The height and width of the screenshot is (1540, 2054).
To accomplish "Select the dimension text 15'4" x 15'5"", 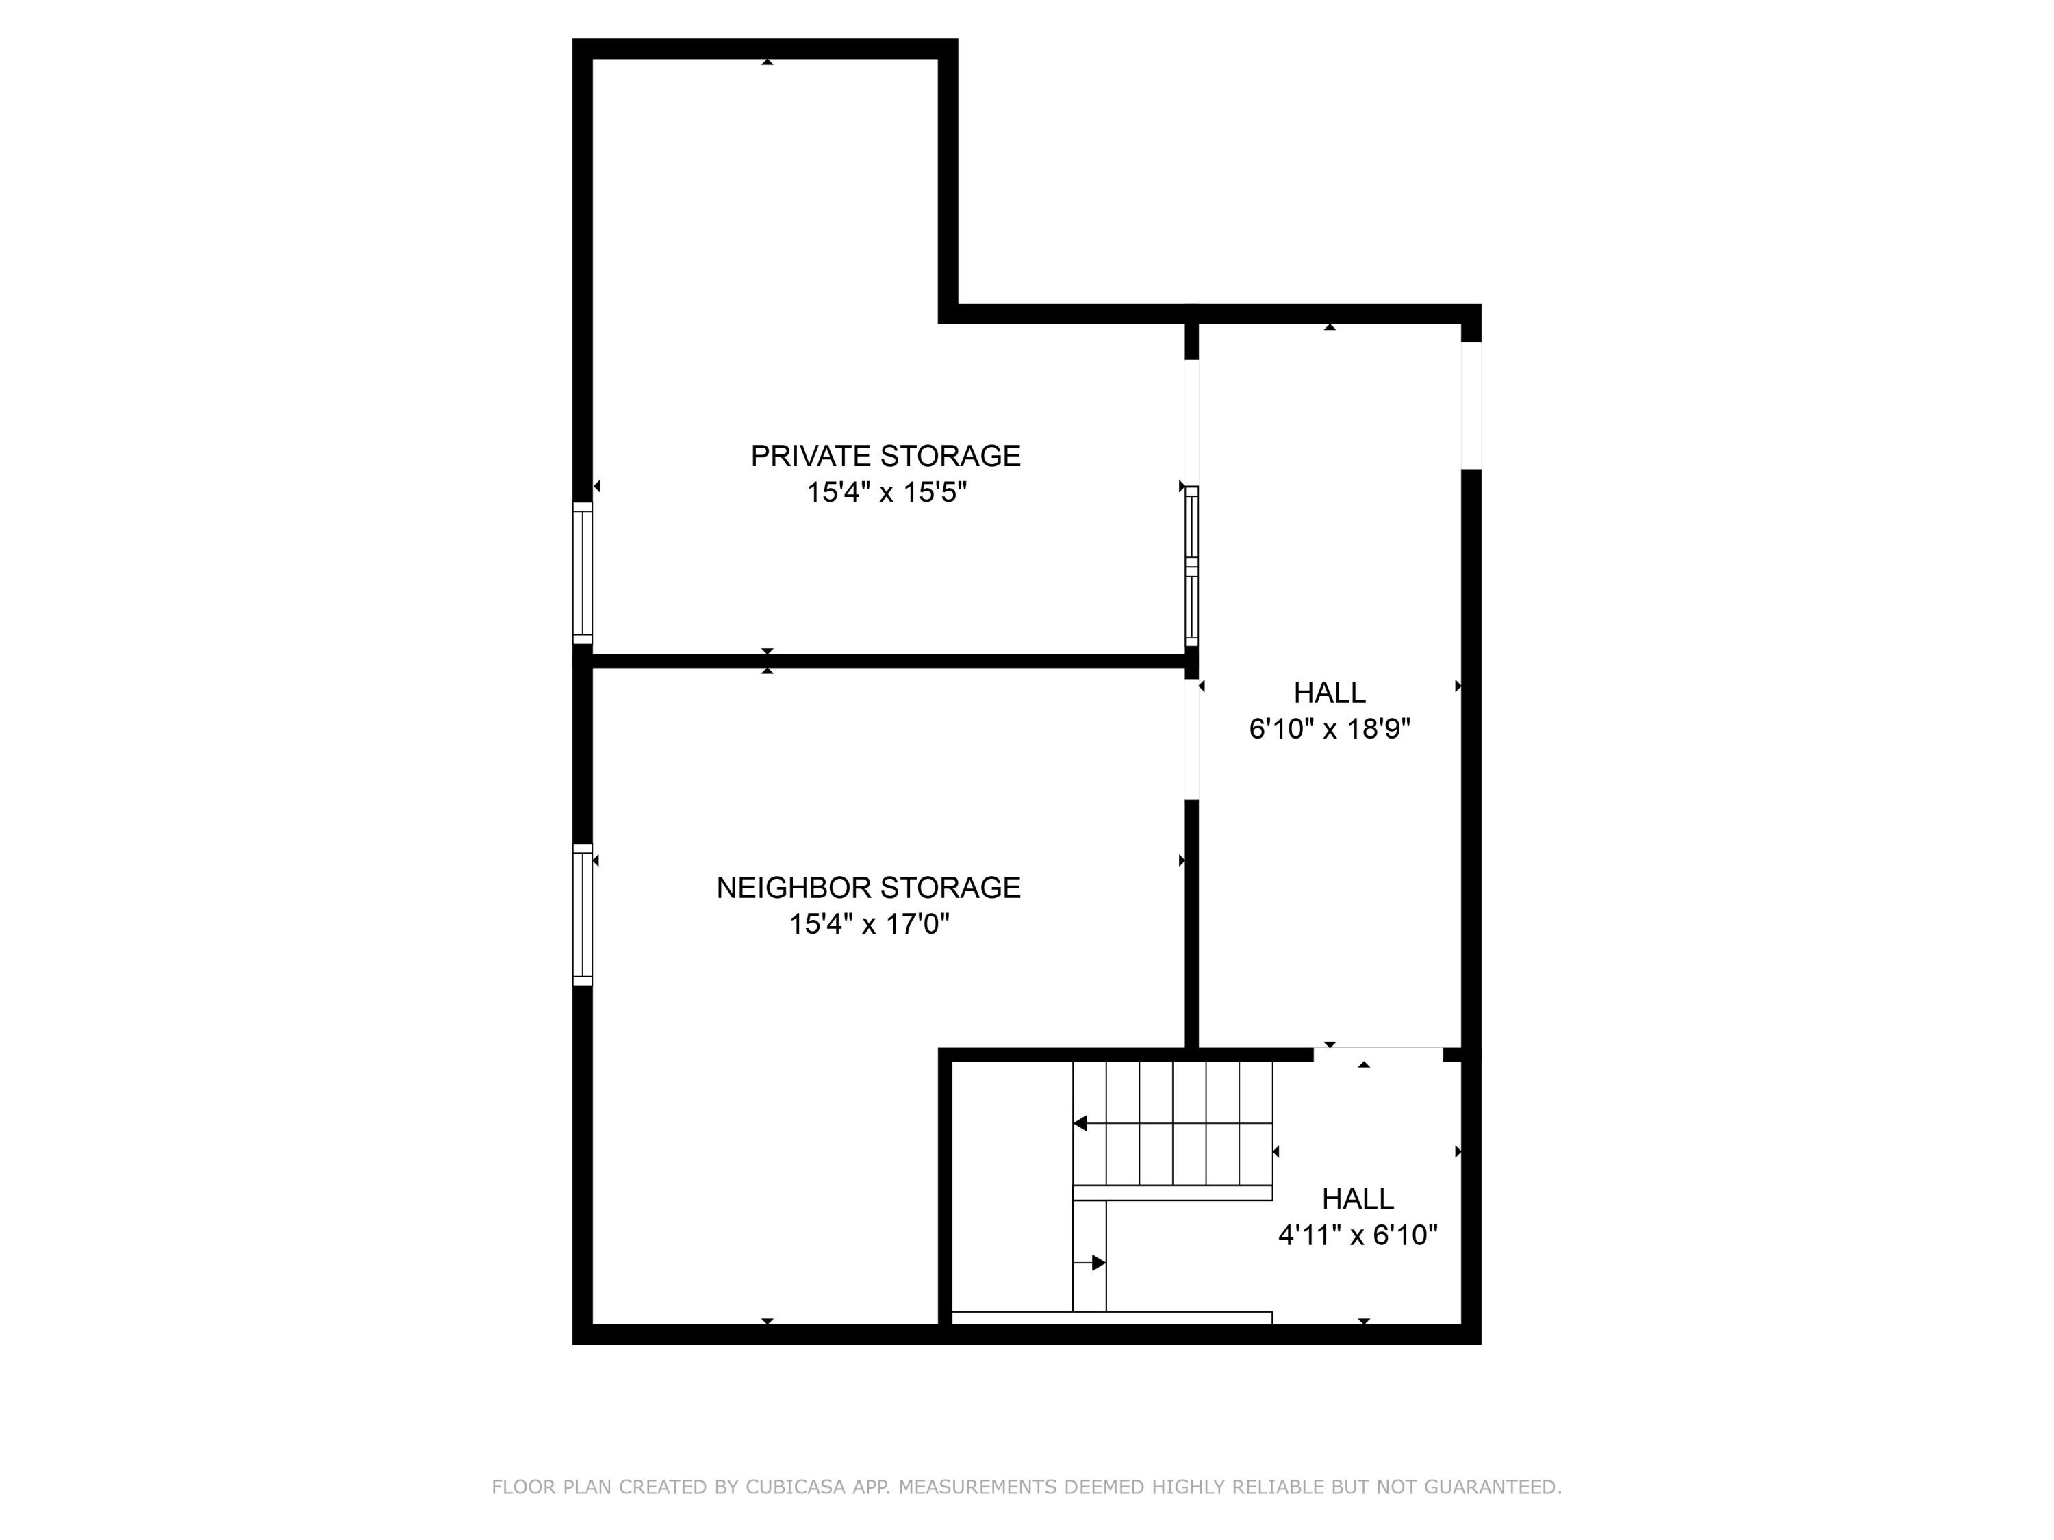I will point(886,492).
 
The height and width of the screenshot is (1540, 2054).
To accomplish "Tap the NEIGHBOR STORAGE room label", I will point(868,888).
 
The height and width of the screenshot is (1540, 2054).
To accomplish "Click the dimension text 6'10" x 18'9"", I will point(1329,729).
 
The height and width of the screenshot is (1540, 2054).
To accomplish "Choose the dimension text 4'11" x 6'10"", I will point(1358,1235).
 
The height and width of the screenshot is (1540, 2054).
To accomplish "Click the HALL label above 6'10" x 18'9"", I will point(1329,693).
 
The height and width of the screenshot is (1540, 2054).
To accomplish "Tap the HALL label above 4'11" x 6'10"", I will point(1358,1198).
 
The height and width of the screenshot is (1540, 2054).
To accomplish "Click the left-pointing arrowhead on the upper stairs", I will point(1080,1123).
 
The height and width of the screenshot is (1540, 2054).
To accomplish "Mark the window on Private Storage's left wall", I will point(582,573).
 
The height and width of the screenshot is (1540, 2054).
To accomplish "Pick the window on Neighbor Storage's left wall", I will point(582,914).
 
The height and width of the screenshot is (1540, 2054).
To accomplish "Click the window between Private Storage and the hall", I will point(1191,565).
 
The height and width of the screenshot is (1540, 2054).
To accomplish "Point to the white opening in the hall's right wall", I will point(1471,406).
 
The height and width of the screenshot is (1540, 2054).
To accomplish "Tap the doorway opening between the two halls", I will point(1378,1055).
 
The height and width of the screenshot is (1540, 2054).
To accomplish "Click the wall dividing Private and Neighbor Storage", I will point(887,661).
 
